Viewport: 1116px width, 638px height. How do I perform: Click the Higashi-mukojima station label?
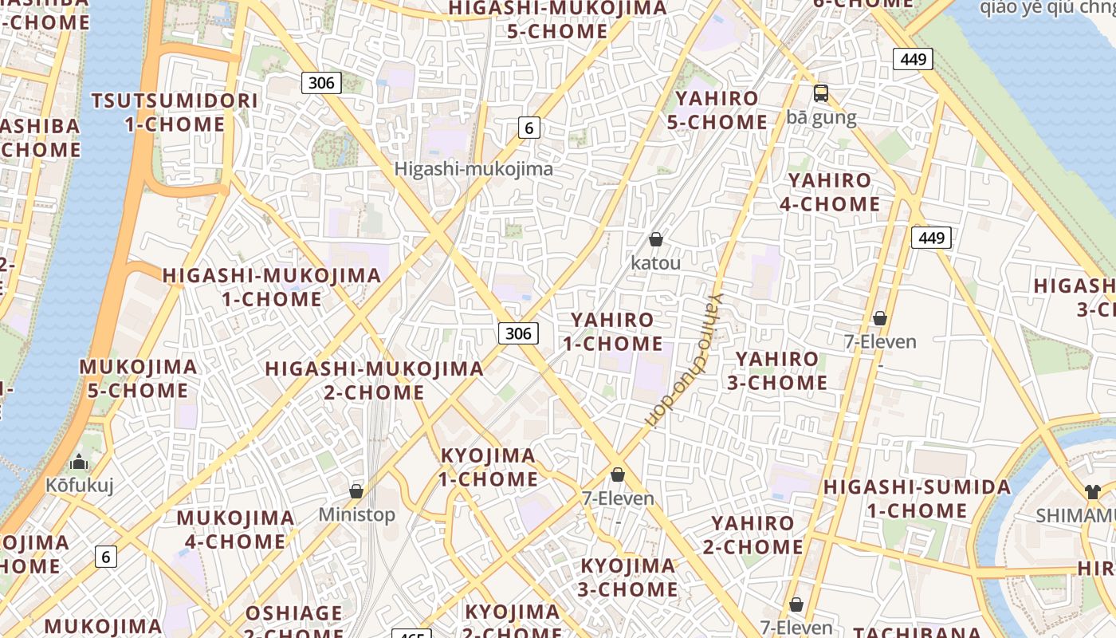click(x=474, y=169)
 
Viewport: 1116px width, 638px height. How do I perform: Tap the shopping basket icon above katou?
click(x=656, y=239)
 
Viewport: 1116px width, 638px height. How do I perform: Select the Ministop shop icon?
click(x=356, y=491)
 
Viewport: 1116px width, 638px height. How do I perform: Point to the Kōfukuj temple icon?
click(x=79, y=462)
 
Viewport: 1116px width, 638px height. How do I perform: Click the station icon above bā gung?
click(x=821, y=93)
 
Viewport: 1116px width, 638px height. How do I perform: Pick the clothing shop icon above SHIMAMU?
click(x=1091, y=492)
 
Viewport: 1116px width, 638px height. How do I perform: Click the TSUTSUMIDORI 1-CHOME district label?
click(x=175, y=112)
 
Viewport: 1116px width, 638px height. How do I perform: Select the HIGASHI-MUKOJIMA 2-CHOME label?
click(x=374, y=380)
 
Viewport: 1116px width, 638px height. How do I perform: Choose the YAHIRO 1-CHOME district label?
click(x=612, y=332)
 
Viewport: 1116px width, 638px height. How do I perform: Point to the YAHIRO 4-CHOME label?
click(x=830, y=192)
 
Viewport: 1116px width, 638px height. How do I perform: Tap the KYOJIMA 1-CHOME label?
click(x=489, y=467)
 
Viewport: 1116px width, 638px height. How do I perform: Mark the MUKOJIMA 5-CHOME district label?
click(x=138, y=379)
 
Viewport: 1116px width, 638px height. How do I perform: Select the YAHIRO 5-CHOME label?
click(x=717, y=111)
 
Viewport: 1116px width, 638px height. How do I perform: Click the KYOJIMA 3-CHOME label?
click(x=628, y=577)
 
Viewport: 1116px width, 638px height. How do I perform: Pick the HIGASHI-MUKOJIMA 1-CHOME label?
click(x=272, y=287)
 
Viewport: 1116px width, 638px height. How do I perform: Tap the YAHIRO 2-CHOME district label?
click(x=753, y=535)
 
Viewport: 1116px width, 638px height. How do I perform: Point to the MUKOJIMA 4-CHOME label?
click(x=235, y=530)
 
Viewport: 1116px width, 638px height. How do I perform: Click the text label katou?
click(x=656, y=262)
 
